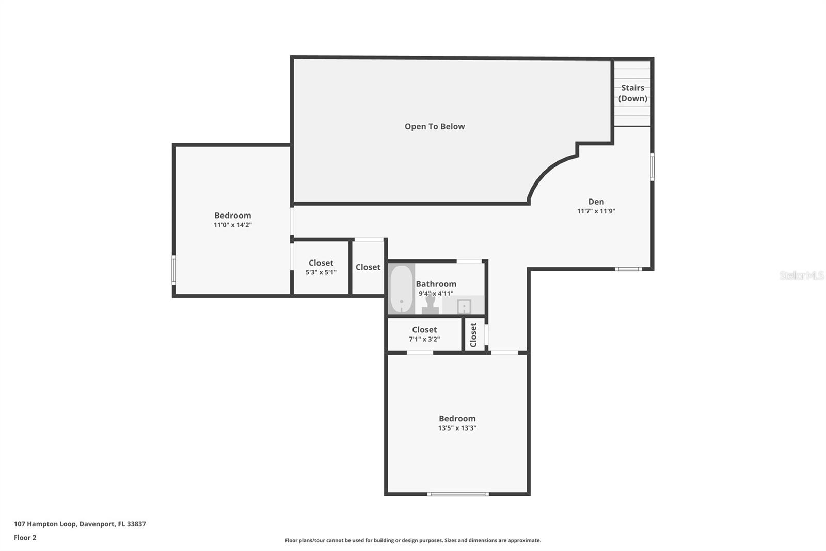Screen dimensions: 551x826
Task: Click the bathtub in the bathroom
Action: [x=401, y=289]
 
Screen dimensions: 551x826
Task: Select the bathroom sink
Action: [x=464, y=307]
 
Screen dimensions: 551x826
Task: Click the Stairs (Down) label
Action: [x=632, y=93]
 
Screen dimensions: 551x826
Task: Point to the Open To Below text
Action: [x=435, y=126]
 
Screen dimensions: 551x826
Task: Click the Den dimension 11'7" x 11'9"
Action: [x=596, y=211]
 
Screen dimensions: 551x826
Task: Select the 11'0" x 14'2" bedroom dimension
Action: [x=233, y=225]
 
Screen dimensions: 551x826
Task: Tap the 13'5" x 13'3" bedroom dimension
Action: [x=457, y=428]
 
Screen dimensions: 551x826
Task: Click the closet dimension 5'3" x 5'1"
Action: [x=321, y=272]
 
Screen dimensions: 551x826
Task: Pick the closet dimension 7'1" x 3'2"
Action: [x=424, y=339]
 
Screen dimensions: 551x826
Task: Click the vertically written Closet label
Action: [x=473, y=335]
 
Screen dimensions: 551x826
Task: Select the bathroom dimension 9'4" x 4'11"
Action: [x=436, y=293]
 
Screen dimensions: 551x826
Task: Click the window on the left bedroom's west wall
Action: [x=174, y=269]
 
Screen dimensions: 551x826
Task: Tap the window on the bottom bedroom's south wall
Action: [x=458, y=494]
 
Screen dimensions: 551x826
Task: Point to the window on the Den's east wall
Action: [x=652, y=166]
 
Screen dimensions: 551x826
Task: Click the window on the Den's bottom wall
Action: [x=628, y=269]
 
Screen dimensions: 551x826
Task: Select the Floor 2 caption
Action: [x=25, y=538]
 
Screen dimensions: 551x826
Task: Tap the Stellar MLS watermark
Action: [x=801, y=275]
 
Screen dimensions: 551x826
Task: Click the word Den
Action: [x=596, y=202]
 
